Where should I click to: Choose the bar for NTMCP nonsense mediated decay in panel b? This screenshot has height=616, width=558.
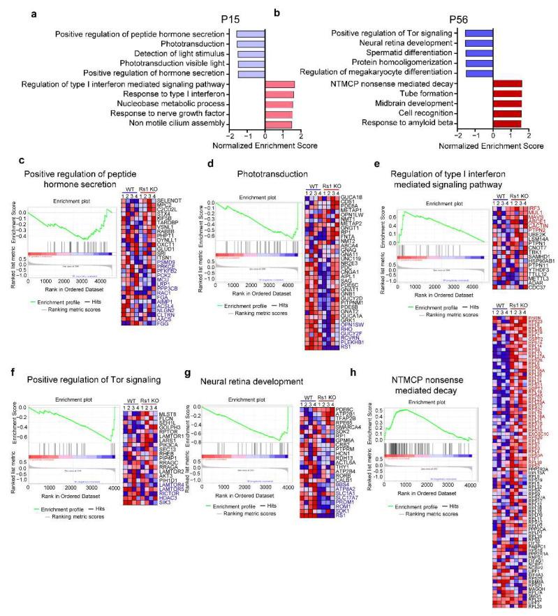(508, 84)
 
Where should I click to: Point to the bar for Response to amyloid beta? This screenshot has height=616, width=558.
(507, 124)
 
